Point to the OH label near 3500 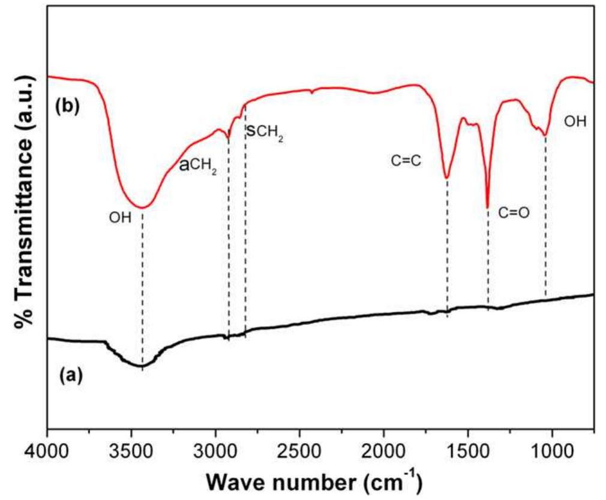coord(119,218)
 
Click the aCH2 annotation coord(199,167)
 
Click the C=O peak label coord(514,212)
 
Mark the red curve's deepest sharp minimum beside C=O coord(487,207)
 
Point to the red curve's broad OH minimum coord(142,208)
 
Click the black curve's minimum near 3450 coord(142,366)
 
